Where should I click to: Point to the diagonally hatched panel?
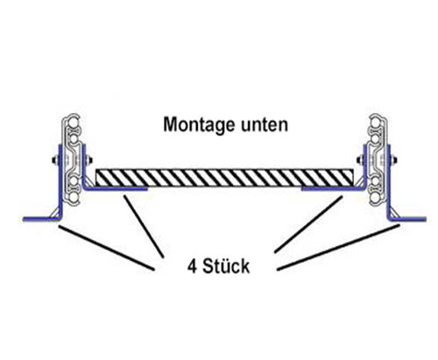point(228,177)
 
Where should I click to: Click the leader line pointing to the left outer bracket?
point(105,247)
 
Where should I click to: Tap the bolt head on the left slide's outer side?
point(51,161)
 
